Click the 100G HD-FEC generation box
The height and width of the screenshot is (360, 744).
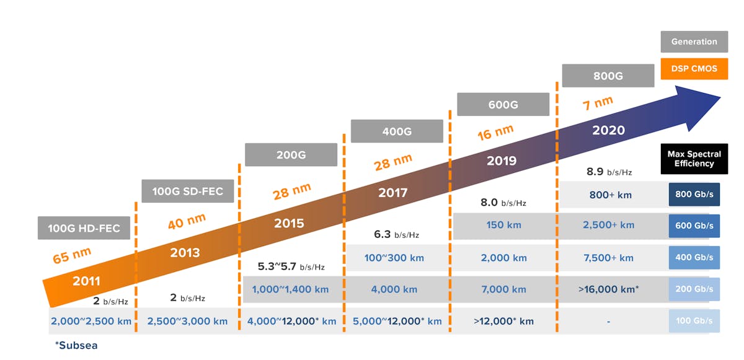coord(84,228)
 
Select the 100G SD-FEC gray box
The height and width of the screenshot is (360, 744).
coord(188,191)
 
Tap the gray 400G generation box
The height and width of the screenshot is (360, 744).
coord(397,131)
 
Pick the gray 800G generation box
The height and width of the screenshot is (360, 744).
coord(608,76)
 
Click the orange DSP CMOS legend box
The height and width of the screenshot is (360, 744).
coord(694,68)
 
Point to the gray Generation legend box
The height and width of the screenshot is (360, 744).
coord(694,42)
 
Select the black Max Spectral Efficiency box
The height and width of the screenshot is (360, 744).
coord(694,159)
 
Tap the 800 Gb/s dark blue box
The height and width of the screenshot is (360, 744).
coord(694,195)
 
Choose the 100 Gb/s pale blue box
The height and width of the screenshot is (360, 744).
coord(694,321)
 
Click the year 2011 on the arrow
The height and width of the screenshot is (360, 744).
coord(86,281)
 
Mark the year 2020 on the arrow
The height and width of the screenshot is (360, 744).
coord(608,131)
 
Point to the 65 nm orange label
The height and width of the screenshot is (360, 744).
coord(72,255)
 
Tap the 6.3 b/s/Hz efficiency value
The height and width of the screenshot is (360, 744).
coord(396,234)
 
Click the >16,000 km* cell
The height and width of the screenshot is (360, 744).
coord(608,289)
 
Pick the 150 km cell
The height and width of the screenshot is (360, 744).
coord(503,226)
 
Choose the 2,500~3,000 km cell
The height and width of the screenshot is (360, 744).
coord(187,321)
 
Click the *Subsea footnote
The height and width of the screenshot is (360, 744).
coord(76,345)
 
